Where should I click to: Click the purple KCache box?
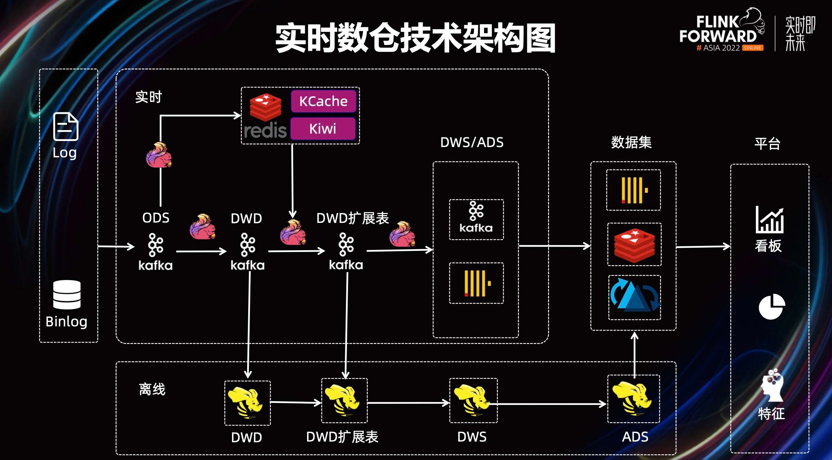pos(323,101)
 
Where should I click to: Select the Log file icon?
pos(65,127)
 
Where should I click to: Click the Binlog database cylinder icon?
pos(67,294)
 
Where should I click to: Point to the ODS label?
pos(156,218)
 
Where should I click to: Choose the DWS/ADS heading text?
pos(472,142)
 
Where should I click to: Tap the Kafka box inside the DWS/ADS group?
pos(476,220)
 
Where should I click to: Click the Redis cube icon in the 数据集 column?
pos(634,245)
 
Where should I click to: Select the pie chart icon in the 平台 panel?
pos(772,307)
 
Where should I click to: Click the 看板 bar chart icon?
pos(770,220)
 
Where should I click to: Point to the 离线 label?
pos(152,389)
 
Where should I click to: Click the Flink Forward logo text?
pos(718,30)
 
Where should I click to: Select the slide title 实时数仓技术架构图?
pos(415,38)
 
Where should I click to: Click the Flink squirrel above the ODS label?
pos(159,155)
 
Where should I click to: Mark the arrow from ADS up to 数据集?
pos(634,354)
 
